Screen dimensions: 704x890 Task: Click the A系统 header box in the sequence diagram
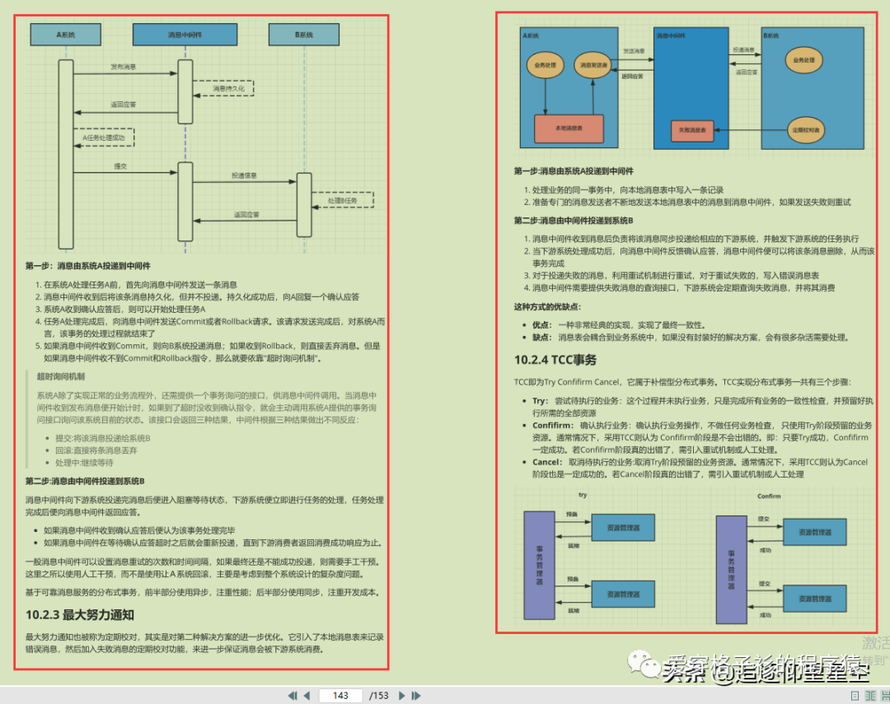(x=66, y=35)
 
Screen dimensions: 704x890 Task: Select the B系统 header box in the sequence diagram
(x=303, y=35)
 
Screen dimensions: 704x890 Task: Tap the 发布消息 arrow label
(x=124, y=67)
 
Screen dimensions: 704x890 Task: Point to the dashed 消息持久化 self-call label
(x=228, y=87)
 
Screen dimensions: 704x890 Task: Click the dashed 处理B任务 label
(x=342, y=200)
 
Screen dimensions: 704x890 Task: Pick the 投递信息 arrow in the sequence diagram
(x=244, y=176)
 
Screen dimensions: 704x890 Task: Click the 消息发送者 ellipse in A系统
(x=593, y=65)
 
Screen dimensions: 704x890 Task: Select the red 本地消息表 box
(x=569, y=128)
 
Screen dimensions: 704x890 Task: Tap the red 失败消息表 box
(x=691, y=130)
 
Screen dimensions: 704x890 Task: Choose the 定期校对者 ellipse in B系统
(x=804, y=130)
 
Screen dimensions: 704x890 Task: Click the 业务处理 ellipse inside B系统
(x=803, y=60)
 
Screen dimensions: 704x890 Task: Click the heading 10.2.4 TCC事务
(x=555, y=360)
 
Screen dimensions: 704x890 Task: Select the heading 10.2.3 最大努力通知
(x=80, y=614)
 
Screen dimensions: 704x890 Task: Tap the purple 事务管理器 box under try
(x=540, y=566)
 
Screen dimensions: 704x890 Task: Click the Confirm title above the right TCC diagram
(x=768, y=497)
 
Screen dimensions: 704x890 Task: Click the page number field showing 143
(x=340, y=696)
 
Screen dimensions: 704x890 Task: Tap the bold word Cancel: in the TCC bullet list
(x=549, y=462)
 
